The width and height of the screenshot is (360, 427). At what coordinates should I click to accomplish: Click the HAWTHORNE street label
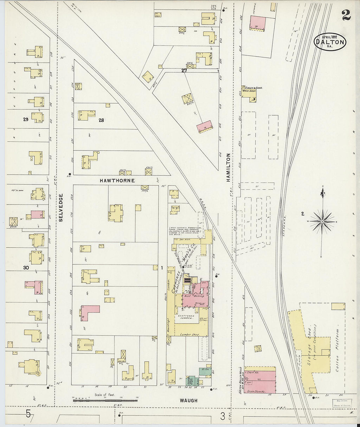click(x=117, y=180)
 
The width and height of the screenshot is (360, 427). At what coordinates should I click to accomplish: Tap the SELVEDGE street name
click(x=61, y=207)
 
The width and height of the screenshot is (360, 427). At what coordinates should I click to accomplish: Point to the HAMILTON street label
click(x=228, y=168)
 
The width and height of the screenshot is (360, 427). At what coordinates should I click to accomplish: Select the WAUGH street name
click(x=189, y=400)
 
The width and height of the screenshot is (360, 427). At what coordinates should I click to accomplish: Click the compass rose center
click(x=322, y=222)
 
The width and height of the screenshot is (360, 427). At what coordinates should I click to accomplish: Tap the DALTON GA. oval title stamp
click(x=330, y=42)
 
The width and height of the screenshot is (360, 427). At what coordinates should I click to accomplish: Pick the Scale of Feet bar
click(x=105, y=400)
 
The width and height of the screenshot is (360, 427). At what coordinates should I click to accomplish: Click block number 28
click(x=101, y=120)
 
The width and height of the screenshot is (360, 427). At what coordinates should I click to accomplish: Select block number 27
click(x=184, y=70)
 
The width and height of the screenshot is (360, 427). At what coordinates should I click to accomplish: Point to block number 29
click(x=26, y=120)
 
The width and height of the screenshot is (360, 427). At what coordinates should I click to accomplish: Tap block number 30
click(x=26, y=268)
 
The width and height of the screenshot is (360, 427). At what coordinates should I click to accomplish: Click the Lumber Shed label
click(x=190, y=334)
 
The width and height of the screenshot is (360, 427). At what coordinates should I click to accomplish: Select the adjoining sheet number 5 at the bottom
click(x=29, y=415)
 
